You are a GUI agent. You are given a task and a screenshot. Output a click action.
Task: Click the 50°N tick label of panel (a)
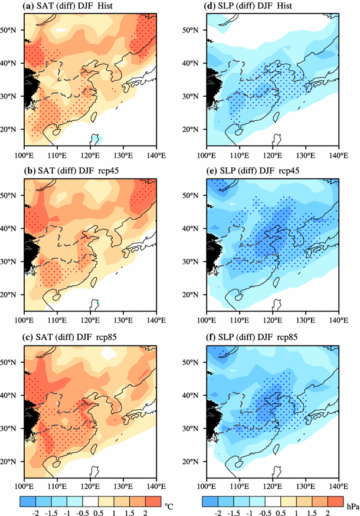pos(11,29)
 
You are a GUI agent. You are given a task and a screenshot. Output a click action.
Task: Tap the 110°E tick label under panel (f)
pos(240,487)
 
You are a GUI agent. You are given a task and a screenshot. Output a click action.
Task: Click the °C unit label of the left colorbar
pos(168,505)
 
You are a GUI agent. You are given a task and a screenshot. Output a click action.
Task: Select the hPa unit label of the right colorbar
pos(351,505)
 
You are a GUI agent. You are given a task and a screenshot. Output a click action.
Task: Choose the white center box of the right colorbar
pos(269,503)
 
